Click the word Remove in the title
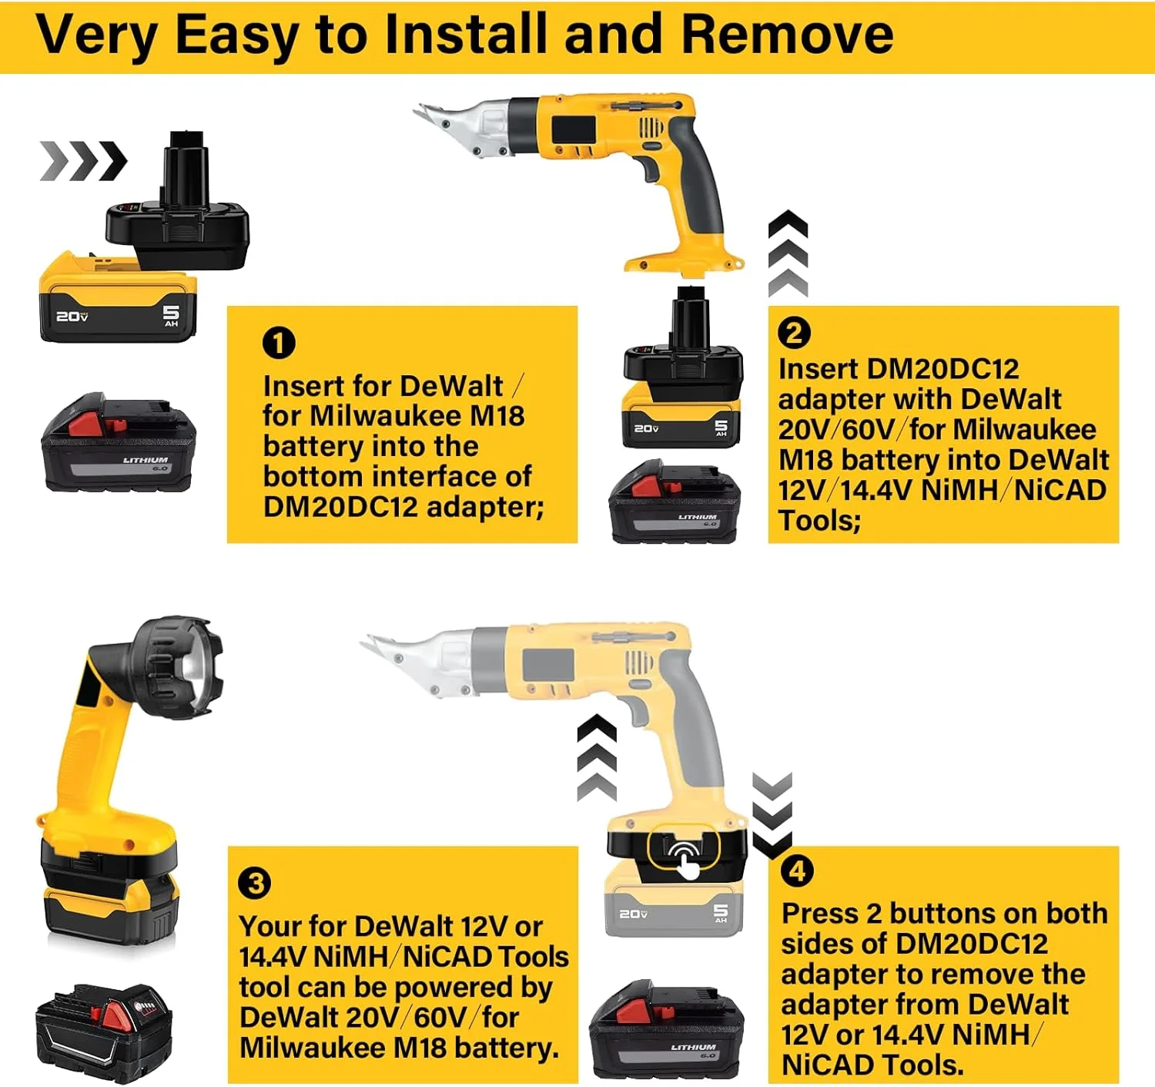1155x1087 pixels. click(788, 35)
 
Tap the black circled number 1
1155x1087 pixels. click(279, 343)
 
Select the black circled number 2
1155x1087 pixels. click(794, 333)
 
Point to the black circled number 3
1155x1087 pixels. click(255, 883)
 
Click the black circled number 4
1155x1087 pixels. click(797, 871)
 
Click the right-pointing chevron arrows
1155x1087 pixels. click(83, 160)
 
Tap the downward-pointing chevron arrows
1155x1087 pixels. click(772, 815)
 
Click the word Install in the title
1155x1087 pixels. click(465, 35)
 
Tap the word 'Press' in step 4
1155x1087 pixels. click(819, 914)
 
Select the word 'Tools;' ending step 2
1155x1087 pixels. click(819, 520)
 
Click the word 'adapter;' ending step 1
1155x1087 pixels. click(486, 507)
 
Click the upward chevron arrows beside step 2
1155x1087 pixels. click(788, 253)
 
